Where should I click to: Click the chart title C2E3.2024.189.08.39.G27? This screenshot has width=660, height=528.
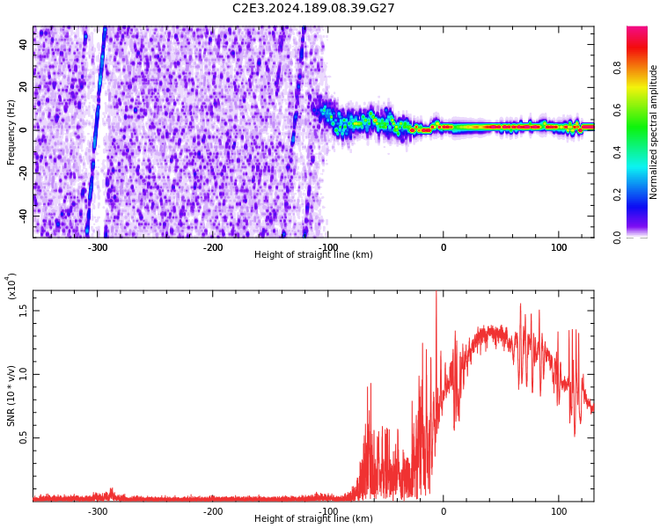[x=313, y=8]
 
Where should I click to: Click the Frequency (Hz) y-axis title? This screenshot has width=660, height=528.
[x=11, y=132]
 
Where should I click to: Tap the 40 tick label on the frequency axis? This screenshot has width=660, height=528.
[x=24, y=44]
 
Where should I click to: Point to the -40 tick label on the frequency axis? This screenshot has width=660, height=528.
[x=22, y=214]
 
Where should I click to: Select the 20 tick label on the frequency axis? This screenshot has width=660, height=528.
[x=24, y=86]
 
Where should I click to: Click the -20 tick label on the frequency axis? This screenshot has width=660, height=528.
[x=22, y=172]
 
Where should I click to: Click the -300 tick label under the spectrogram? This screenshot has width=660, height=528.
[x=97, y=247]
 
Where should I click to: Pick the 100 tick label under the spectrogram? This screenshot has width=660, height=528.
[x=559, y=247]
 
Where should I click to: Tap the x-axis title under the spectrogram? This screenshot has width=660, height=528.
[x=313, y=255]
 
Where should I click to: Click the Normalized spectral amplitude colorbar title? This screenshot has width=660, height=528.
[x=654, y=132]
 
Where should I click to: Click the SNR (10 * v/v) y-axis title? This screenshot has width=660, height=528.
[x=11, y=396]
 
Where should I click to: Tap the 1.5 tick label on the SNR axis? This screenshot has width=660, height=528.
[x=24, y=310]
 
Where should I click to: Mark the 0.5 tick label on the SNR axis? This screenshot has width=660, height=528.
[x=24, y=437]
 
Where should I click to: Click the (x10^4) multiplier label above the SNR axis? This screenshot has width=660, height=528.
[x=11, y=286]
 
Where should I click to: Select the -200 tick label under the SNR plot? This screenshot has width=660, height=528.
[x=212, y=511]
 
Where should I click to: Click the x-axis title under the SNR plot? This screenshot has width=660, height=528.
[x=313, y=519]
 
